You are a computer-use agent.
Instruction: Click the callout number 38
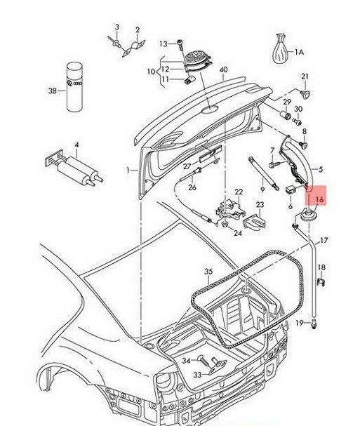tap(51, 90)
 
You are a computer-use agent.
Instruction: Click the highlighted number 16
tap(320, 200)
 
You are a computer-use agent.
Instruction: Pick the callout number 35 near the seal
tap(207, 271)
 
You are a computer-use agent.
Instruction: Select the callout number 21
tap(304, 76)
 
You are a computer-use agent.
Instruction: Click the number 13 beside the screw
tap(162, 44)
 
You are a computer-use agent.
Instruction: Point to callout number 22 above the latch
tap(238, 192)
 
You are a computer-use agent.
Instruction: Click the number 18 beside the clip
tap(321, 268)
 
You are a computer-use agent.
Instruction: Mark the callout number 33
tap(177, 375)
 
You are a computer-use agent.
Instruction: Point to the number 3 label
tap(117, 27)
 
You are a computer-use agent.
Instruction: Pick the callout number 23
tap(260, 205)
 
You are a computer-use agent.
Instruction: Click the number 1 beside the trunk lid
tap(128, 170)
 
